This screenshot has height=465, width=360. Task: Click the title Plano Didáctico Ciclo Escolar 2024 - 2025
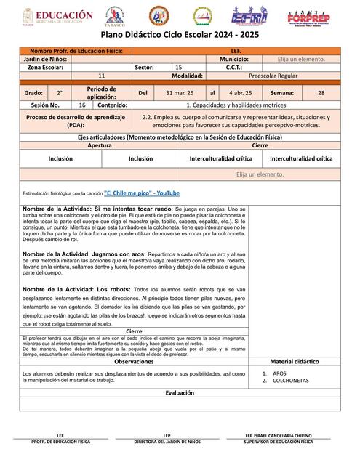pyautogui.click(x=180, y=35)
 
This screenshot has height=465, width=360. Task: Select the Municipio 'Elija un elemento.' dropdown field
pyautogui.click(x=301, y=59)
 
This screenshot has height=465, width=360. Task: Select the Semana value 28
pyautogui.click(x=321, y=93)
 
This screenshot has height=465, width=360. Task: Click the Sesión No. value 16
pyautogui.click(x=82, y=105)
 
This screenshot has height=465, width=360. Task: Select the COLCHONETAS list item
pyautogui.click(x=291, y=380)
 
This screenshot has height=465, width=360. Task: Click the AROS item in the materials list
pyautogui.click(x=280, y=373)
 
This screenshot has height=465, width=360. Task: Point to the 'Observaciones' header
pyautogui.click(x=134, y=361)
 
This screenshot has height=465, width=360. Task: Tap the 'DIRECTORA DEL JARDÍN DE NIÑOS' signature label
pyautogui.click(x=167, y=442)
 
